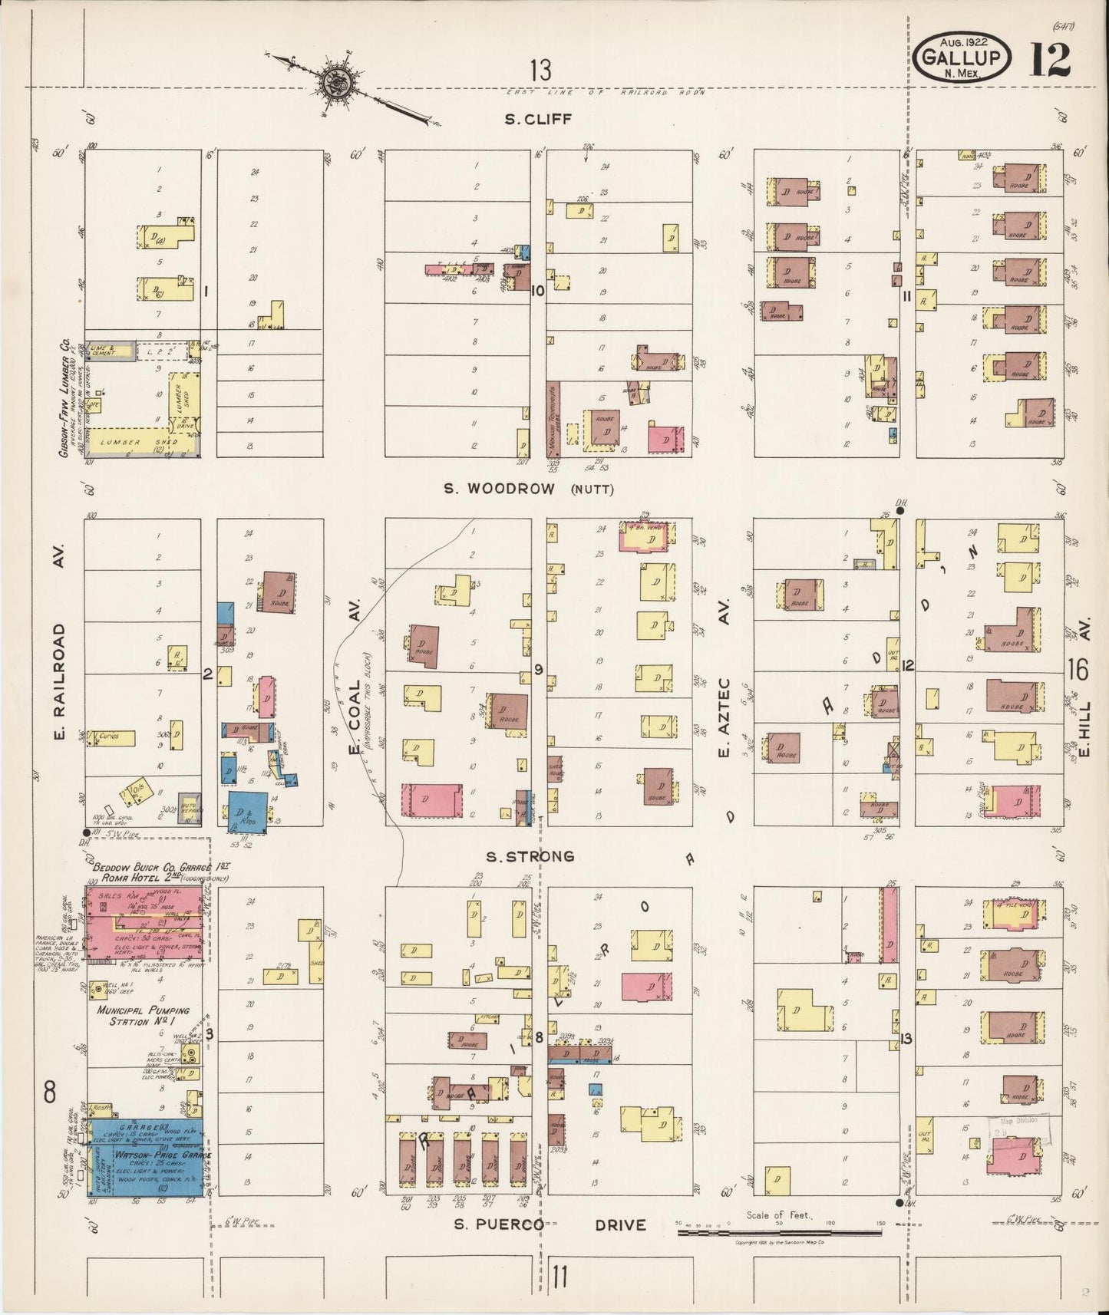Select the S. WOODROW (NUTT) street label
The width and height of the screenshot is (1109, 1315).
pos(529,489)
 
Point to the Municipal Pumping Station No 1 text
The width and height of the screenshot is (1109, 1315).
pos(143,1016)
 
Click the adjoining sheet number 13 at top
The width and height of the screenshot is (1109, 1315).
pos(540,71)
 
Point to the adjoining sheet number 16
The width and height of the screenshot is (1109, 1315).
pos(1078,670)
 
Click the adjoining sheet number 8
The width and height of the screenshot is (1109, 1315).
pos(50,1093)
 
